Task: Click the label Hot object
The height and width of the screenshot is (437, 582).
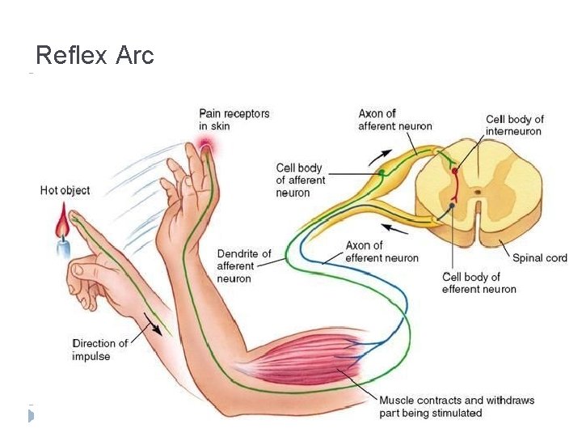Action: click(65, 190)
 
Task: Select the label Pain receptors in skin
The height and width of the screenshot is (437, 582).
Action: click(234, 120)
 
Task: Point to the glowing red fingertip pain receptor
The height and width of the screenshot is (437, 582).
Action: click(206, 146)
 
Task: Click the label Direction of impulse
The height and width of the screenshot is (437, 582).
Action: click(99, 350)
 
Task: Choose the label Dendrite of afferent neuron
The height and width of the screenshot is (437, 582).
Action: click(243, 266)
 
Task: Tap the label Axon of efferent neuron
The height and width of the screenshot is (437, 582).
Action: click(382, 252)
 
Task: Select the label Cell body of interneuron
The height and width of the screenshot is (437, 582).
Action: click(514, 125)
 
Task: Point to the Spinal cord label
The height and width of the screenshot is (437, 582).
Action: click(539, 258)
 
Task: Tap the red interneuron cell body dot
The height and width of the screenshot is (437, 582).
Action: click(454, 172)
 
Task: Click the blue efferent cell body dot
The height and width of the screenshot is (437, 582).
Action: click(453, 206)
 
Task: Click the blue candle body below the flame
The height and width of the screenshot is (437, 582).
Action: click(63, 246)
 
